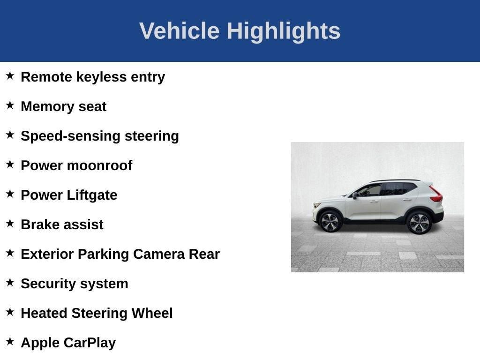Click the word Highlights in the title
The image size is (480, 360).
(x=283, y=31)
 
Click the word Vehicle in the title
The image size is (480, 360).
(x=179, y=31)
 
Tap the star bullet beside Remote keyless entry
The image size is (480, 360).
(x=10, y=75)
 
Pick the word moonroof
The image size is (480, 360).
(x=99, y=165)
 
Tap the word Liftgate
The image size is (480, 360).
(x=92, y=195)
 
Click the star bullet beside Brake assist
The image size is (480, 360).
(x=10, y=223)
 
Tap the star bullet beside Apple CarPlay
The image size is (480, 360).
(x=10, y=341)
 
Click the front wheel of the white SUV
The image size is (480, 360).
(x=330, y=221)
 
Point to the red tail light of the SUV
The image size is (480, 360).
(x=436, y=195)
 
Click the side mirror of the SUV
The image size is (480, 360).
(x=355, y=195)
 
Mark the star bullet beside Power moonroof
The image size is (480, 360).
(x=10, y=164)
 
